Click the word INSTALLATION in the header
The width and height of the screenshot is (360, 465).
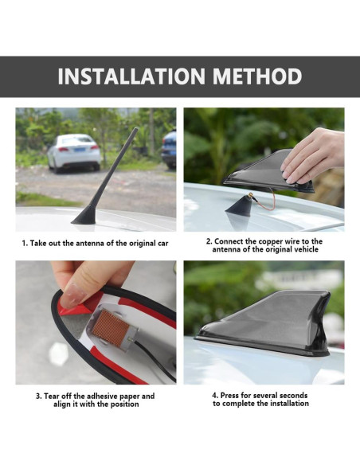click(x=131, y=76)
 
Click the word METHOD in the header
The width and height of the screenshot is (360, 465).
click(x=257, y=76)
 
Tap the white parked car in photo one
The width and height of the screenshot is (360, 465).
click(x=74, y=153)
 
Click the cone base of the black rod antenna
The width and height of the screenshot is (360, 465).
click(x=84, y=215)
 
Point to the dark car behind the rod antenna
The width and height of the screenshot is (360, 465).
click(x=169, y=150)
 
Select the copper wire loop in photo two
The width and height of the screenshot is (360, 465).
click(x=264, y=201)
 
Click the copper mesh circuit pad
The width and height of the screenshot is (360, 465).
click(x=111, y=328)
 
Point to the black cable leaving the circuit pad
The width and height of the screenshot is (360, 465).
click(x=155, y=361)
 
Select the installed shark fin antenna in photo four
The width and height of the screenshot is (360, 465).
click(x=264, y=324)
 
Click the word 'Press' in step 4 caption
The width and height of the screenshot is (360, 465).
click(x=230, y=395)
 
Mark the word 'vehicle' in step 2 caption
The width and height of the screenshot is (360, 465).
click(x=306, y=249)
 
